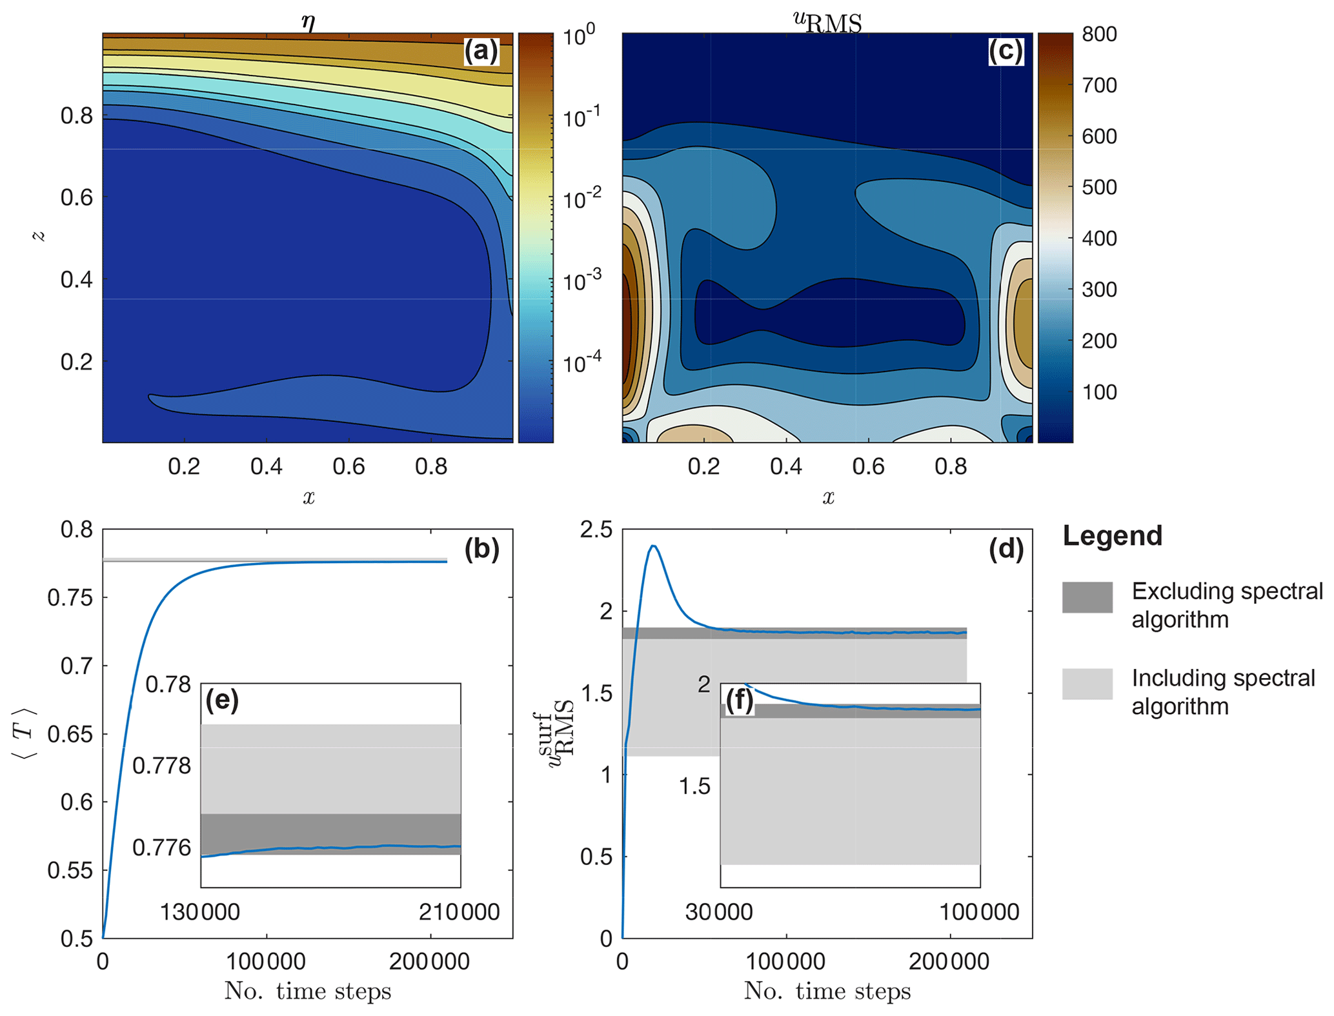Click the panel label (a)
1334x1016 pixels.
click(x=481, y=51)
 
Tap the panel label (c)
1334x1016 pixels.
click(x=1005, y=51)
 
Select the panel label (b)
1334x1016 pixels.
click(x=481, y=548)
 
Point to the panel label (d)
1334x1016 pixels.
click(x=1006, y=548)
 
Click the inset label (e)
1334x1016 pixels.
click(x=222, y=700)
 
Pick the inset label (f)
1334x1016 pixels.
click(x=740, y=700)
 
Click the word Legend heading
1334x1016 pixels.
click(x=1112, y=535)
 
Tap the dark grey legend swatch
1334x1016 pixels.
click(x=1087, y=597)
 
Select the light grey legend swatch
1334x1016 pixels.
click(x=1087, y=684)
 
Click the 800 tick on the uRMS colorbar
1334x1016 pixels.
click(x=1099, y=34)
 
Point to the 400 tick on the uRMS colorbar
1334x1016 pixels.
click(x=1099, y=238)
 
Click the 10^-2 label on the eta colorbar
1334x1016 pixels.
click(x=581, y=197)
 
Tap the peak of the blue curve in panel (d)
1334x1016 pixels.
click(x=654, y=546)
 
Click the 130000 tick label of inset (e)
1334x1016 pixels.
click(x=200, y=911)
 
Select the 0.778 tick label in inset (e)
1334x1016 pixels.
click(x=161, y=766)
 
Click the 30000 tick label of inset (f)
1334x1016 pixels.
click(x=719, y=911)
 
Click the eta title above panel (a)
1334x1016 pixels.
click(x=308, y=23)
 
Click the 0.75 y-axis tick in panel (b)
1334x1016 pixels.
click(x=70, y=597)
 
